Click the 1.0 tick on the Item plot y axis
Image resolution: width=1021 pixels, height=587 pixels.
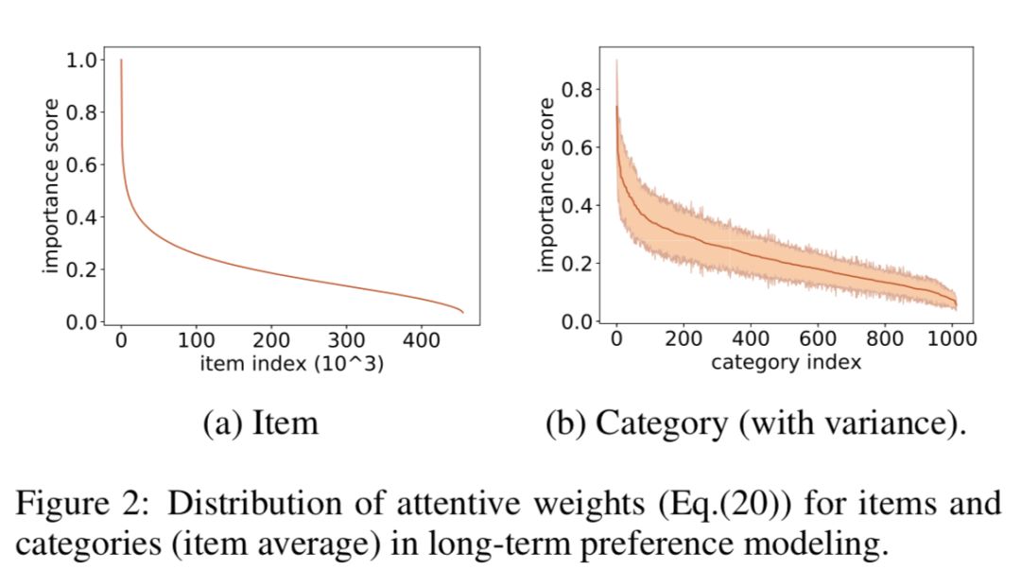click(83, 60)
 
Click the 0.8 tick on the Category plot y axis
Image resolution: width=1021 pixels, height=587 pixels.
click(575, 91)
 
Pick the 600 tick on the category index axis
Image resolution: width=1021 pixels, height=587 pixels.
click(818, 338)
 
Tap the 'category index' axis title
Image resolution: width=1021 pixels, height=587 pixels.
click(786, 361)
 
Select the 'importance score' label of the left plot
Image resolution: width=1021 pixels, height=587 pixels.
click(51, 186)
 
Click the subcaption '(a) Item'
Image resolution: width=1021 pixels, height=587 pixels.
click(261, 423)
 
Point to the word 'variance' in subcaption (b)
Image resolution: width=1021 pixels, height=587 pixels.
click(897, 423)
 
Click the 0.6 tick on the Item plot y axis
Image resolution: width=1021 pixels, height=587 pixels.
click(83, 165)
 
